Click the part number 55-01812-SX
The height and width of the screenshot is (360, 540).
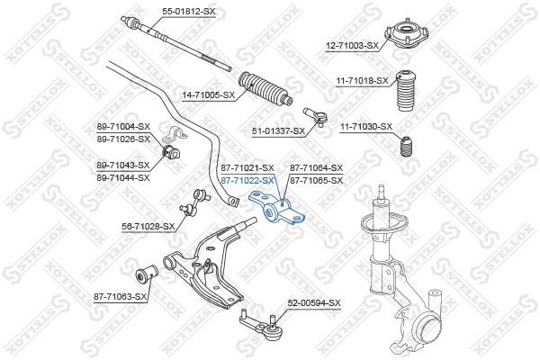tap(189, 11)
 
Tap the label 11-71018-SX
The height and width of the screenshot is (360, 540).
tap(363, 81)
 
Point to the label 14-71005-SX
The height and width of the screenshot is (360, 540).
tap(209, 94)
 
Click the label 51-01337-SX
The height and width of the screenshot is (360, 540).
tap(278, 131)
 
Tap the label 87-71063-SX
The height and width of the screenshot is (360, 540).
tap(120, 295)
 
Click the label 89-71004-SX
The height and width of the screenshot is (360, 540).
tap(123, 127)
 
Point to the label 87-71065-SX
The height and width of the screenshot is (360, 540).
tap(316, 181)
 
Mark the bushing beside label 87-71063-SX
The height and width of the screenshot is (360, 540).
tap(146, 271)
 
